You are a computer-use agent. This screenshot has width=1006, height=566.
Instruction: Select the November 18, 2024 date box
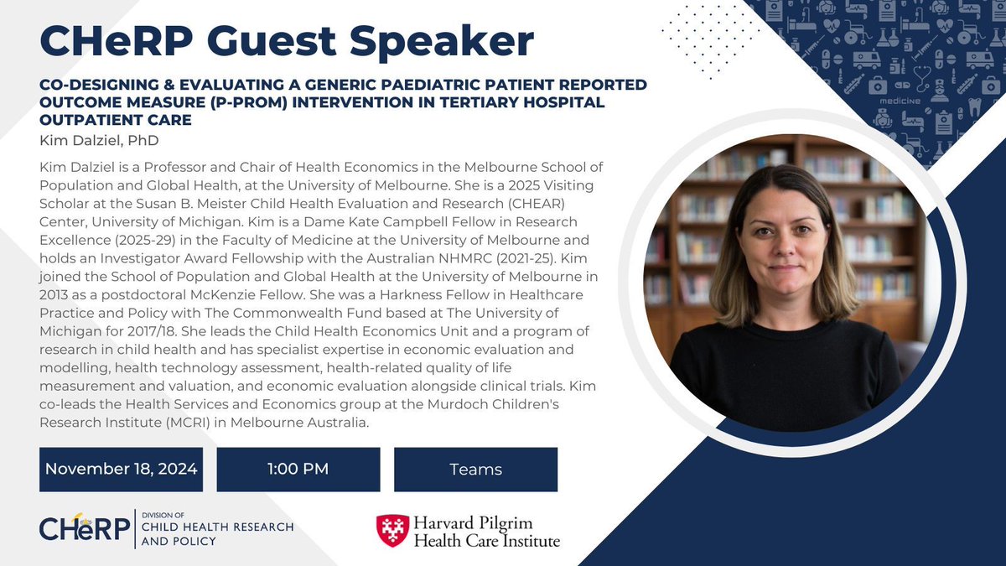tap(121, 469)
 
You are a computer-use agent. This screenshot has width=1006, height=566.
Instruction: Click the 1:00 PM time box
tap(298, 469)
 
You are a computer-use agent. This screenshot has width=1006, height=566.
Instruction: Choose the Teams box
tap(475, 469)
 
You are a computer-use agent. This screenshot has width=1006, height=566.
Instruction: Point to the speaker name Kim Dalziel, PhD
tap(99, 141)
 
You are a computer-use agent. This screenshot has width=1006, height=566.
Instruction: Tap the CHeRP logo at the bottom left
tap(85, 528)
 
